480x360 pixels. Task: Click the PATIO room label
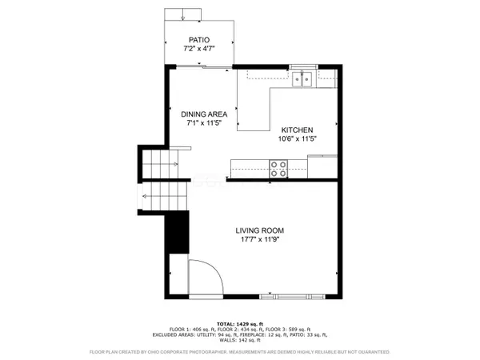[x=200, y=39]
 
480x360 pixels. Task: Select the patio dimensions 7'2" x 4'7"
[x=200, y=49]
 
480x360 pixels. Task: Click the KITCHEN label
[x=296, y=130]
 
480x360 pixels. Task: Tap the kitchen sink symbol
[x=303, y=78]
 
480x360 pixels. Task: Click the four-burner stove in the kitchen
[x=279, y=168]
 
